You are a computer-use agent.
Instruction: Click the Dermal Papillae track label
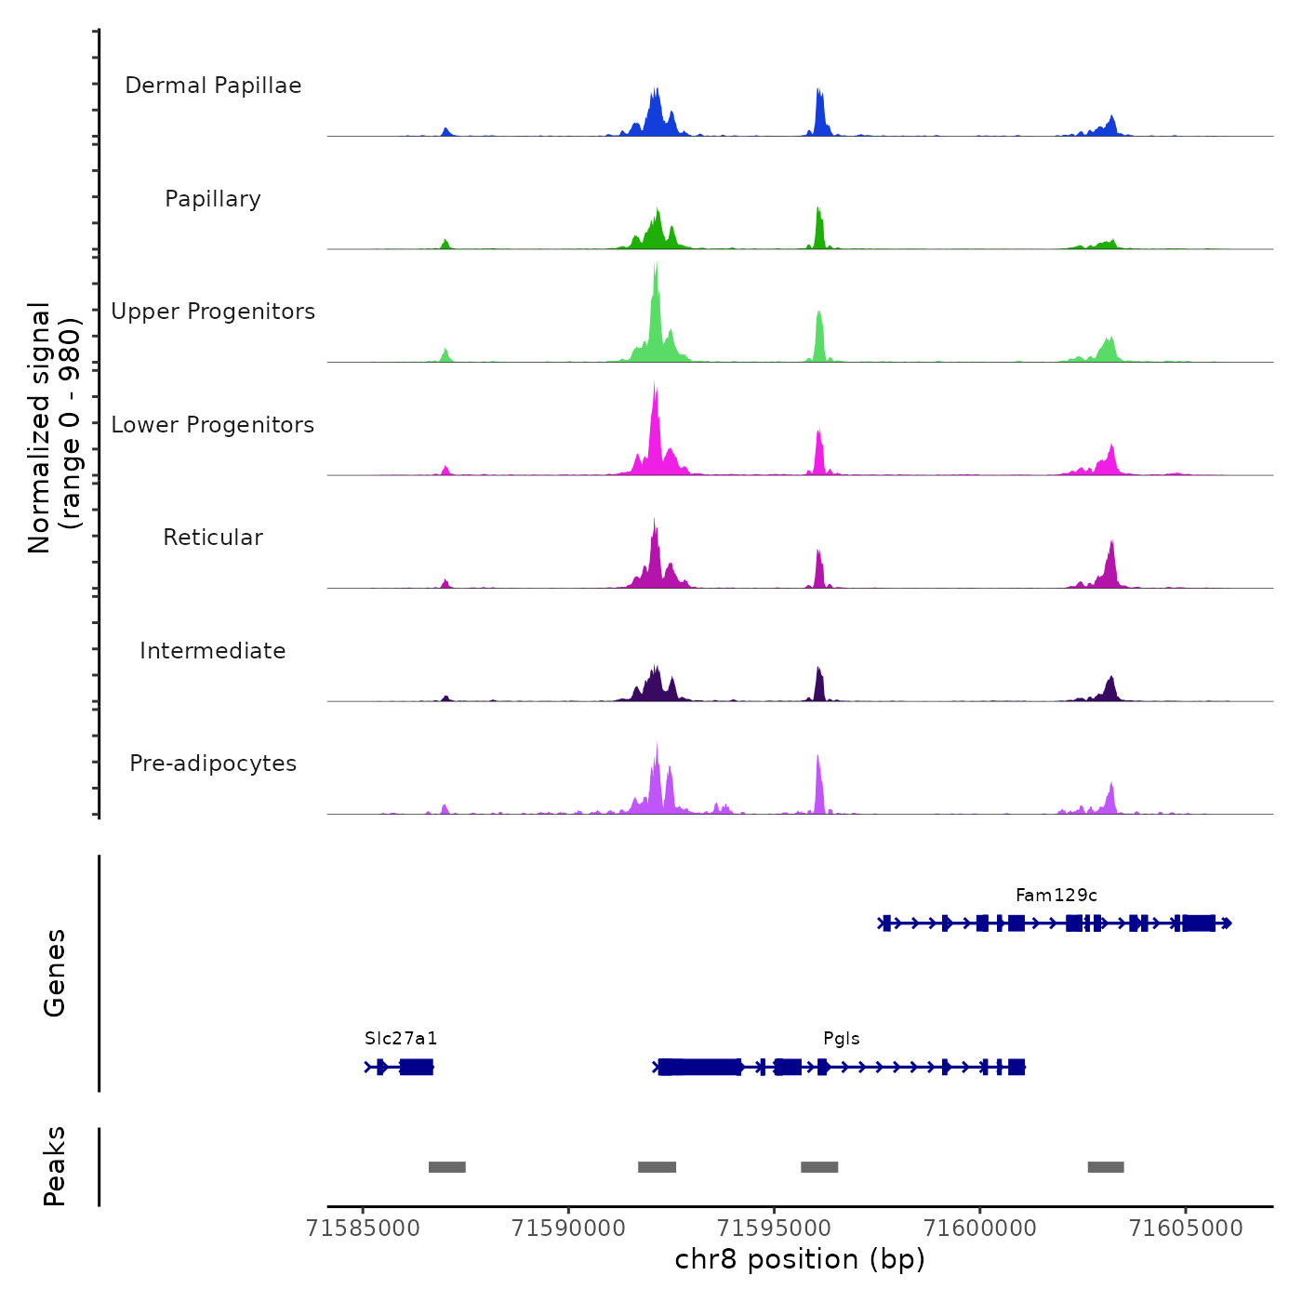pyautogui.click(x=213, y=86)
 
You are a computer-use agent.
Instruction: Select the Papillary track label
pyautogui.click(x=213, y=199)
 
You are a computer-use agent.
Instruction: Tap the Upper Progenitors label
pyautogui.click(x=213, y=312)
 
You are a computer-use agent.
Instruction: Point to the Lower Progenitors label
pyautogui.click(x=213, y=425)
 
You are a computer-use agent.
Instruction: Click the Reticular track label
pyautogui.click(x=213, y=538)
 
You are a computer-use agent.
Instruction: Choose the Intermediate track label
pyautogui.click(x=213, y=651)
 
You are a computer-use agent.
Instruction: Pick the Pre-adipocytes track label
pyautogui.click(x=213, y=764)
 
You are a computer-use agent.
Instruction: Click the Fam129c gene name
pyautogui.click(x=1056, y=896)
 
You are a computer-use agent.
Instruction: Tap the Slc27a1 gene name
pyautogui.click(x=401, y=1039)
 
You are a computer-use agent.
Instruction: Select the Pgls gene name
pyautogui.click(x=841, y=1039)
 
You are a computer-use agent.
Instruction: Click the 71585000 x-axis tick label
pyautogui.click(x=363, y=1229)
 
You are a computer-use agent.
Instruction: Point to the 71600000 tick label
pyautogui.click(x=979, y=1229)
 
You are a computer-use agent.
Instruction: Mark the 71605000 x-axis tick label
pyautogui.click(x=1185, y=1229)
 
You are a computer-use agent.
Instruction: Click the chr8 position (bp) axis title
pyautogui.click(x=800, y=1260)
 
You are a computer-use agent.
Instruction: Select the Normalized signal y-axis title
pyautogui.click(x=54, y=428)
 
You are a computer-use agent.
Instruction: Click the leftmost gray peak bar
pyautogui.click(x=446, y=1167)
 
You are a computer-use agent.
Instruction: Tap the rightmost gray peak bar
pyautogui.click(x=1106, y=1167)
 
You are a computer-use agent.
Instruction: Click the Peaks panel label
pyautogui.click(x=55, y=1166)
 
